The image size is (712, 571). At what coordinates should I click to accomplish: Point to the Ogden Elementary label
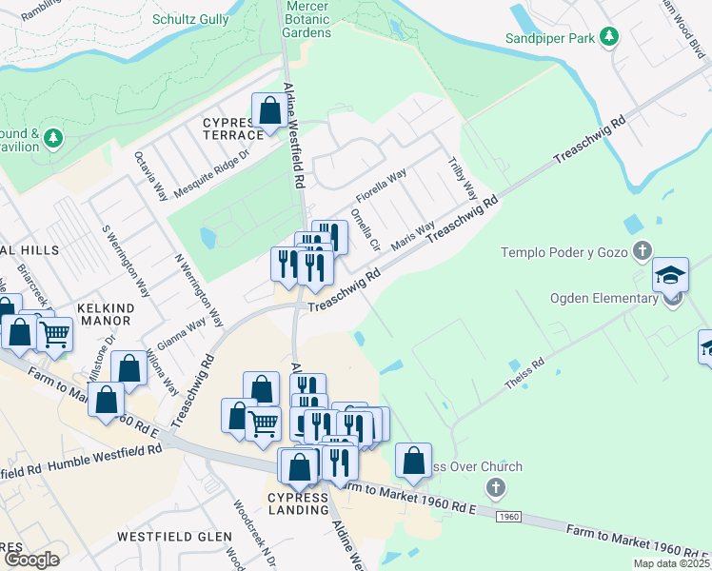click(x=603, y=298)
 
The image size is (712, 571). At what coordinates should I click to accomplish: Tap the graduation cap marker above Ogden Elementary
click(x=670, y=275)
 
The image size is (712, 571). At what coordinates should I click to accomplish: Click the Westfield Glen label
click(x=174, y=537)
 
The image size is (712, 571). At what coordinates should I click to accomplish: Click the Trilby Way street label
click(x=462, y=178)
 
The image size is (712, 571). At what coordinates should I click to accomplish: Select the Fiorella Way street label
click(x=382, y=186)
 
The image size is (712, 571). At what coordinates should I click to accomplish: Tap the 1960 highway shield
click(x=509, y=516)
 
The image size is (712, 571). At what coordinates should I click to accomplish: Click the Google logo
click(x=31, y=559)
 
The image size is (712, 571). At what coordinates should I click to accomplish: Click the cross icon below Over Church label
click(x=494, y=489)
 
